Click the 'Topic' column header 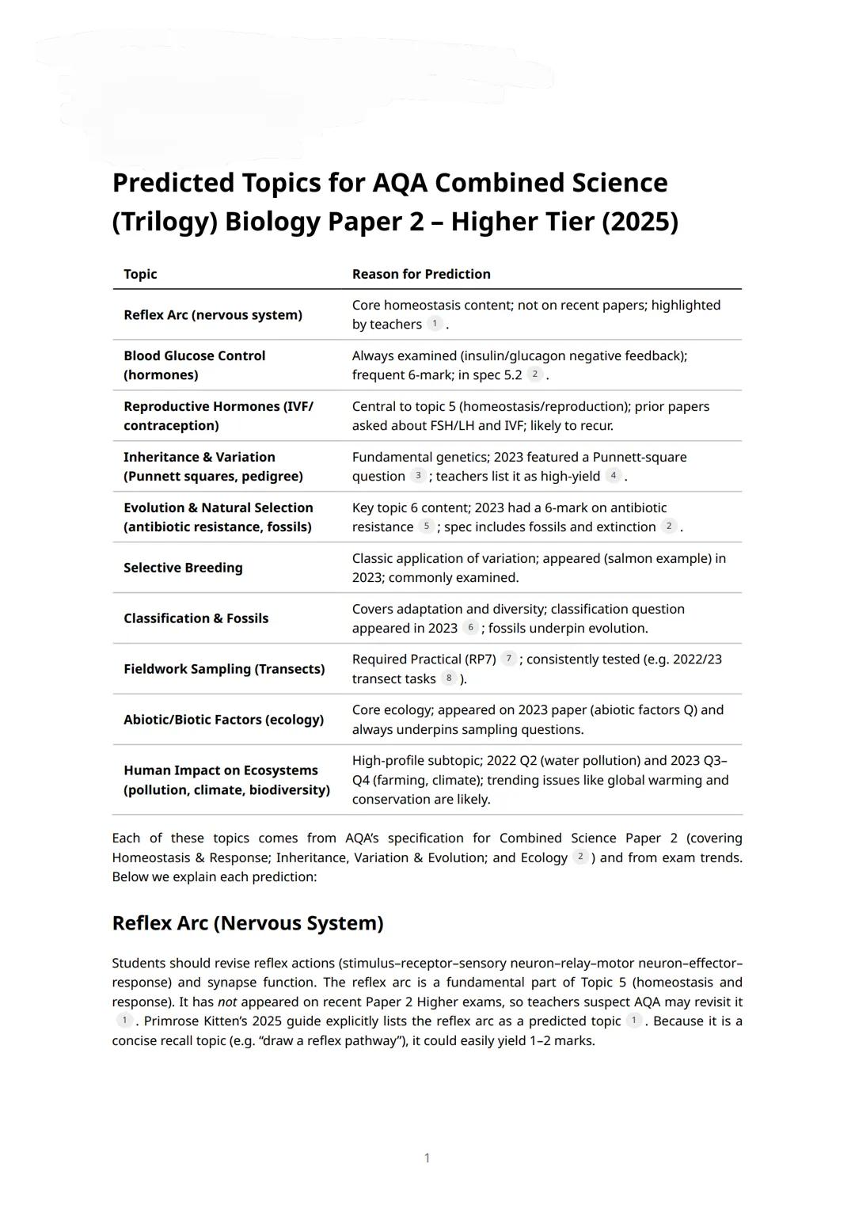pyautogui.click(x=140, y=274)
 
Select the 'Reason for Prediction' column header pyautogui.click(x=421, y=274)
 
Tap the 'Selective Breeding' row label pyautogui.click(x=183, y=568)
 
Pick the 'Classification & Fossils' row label pyautogui.click(x=196, y=618)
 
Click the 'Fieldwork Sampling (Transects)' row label pyautogui.click(x=224, y=669)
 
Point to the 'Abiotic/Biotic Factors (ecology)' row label pyautogui.click(x=223, y=720)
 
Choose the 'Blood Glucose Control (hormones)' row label pyautogui.click(x=194, y=365)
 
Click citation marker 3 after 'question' pyautogui.click(x=418, y=476)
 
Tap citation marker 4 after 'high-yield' pyautogui.click(x=613, y=476)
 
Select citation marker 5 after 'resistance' pyautogui.click(x=426, y=527)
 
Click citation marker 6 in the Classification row pyautogui.click(x=470, y=628)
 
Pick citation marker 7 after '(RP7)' pyautogui.click(x=508, y=659)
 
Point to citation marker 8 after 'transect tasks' pyautogui.click(x=449, y=679)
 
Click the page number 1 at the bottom pyautogui.click(x=427, y=1158)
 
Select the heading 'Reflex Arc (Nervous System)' pyautogui.click(x=248, y=923)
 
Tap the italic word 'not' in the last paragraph pyautogui.click(x=227, y=1002)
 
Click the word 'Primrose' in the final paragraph pyautogui.click(x=170, y=1021)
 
